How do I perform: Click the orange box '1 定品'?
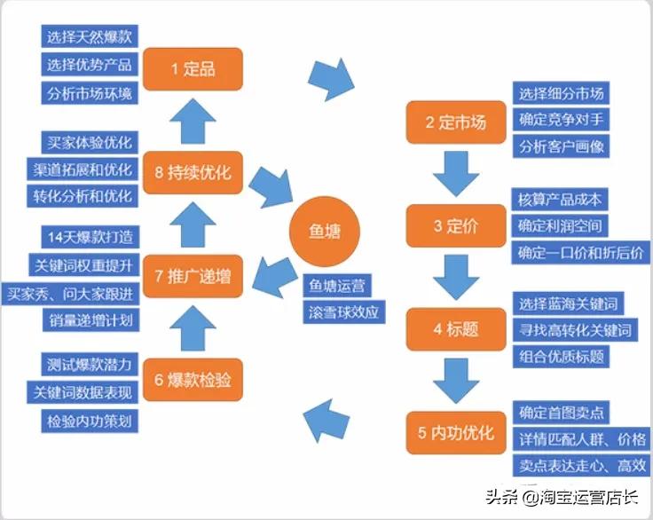(193, 69)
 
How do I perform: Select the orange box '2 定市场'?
(455, 123)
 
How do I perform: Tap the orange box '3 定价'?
(455, 225)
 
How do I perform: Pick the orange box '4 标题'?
(455, 329)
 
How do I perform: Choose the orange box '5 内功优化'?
(455, 433)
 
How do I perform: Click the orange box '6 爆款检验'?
(193, 380)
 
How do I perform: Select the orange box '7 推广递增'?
(193, 276)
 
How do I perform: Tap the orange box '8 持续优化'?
(193, 173)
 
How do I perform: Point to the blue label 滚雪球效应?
(343, 312)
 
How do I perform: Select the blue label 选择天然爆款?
(90, 37)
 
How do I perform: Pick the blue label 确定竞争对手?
(562, 120)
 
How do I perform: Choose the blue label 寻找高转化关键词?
(577, 330)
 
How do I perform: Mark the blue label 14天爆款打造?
(89, 238)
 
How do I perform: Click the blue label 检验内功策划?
(90, 422)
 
